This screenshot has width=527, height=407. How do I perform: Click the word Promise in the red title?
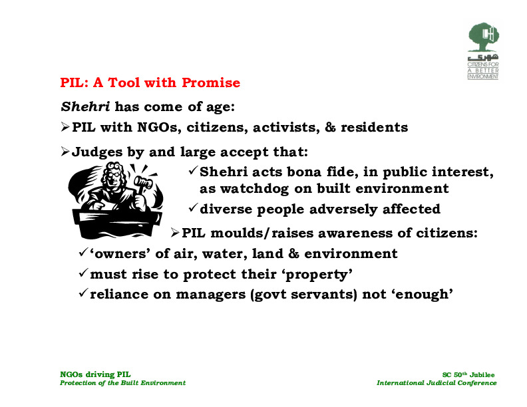(211, 82)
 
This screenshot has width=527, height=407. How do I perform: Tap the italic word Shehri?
(85, 106)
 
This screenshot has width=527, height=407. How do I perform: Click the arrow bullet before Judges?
(65, 152)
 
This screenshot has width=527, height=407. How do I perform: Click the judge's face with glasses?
(114, 178)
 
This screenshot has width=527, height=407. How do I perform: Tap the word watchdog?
(254, 188)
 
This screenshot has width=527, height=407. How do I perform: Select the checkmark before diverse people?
(192, 208)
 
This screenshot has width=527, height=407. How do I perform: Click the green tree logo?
(483, 37)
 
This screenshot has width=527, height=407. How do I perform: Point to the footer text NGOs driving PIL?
(95, 374)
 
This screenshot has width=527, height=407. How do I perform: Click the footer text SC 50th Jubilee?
(468, 375)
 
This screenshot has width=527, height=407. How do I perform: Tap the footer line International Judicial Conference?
(437, 383)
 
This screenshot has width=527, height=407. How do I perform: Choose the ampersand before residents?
(330, 127)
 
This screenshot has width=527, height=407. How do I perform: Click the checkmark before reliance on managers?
(83, 293)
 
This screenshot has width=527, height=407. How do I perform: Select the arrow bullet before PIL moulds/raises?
(174, 232)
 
